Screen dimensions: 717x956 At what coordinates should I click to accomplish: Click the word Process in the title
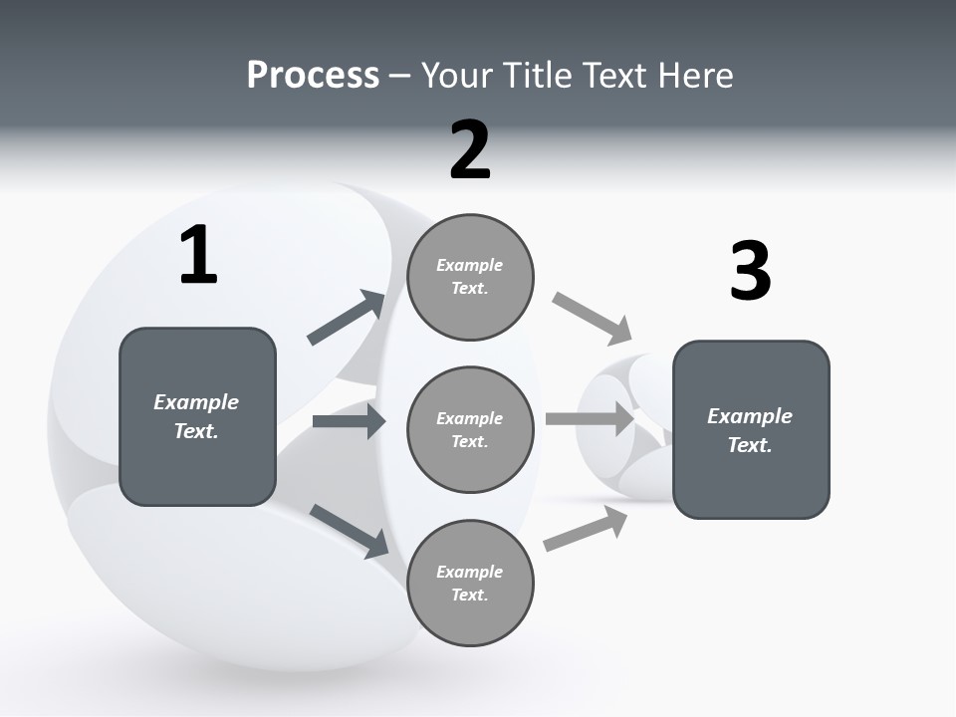tap(313, 76)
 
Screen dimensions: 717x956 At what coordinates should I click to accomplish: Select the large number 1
tap(198, 256)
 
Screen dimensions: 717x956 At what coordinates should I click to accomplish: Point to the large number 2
tap(470, 150)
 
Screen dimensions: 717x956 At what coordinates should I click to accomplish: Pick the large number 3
tap(750, 272)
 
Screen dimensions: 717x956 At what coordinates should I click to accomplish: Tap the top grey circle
tap(470, 277)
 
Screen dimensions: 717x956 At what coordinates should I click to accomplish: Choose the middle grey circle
tap(470, 430)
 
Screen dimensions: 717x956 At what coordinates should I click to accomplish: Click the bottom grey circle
tap(470, 584)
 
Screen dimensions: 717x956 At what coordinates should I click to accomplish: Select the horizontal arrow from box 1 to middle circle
tap(349, 421)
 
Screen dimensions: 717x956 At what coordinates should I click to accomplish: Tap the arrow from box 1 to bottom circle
tap(349, 531)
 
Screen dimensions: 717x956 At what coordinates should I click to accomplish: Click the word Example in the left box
tap(196, 402)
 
